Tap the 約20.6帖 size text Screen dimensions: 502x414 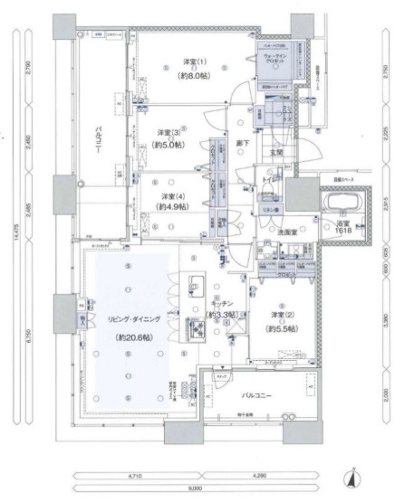(x=133, y=337)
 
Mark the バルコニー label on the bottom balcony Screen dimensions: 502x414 (x=259, y=395)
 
